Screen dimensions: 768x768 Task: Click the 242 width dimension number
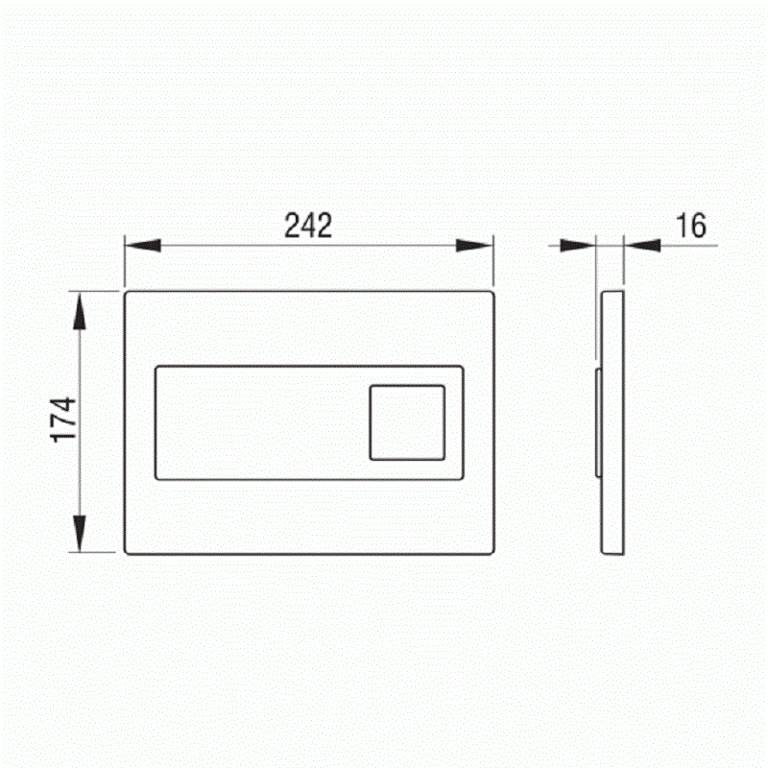(x=308, y=226)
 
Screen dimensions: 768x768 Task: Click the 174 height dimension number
(x=64, y=420)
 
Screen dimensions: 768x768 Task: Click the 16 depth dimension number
(x=691, y=226)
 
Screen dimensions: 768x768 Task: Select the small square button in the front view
(x=407, y=422)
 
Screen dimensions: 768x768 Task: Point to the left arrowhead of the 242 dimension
(x=143, y=246)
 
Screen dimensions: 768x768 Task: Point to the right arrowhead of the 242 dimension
(x=474, y=246)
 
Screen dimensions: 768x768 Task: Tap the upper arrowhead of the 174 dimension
(x=80, y=311)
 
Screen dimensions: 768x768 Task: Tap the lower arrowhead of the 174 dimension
(x=80, y=534)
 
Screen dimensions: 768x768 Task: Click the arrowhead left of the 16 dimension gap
(x=578, y=246)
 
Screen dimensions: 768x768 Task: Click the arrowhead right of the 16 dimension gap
(x=642, y=246)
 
